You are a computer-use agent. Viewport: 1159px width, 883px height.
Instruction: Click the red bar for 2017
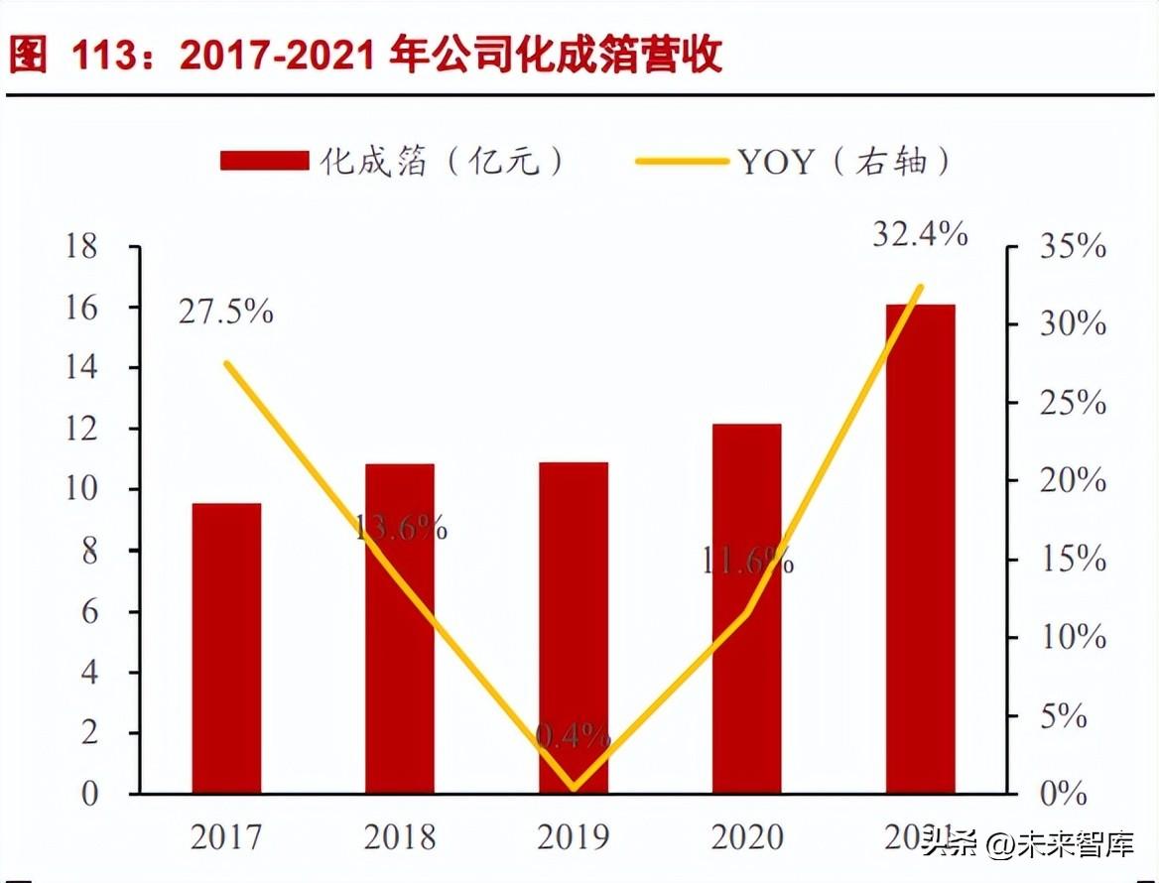tap(226, 649)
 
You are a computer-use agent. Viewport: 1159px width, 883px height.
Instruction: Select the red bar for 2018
tap(400, 629)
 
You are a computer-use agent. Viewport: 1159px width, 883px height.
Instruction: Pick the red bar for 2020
tap(746, 609)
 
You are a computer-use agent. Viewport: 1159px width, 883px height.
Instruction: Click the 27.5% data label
tap(226, 313)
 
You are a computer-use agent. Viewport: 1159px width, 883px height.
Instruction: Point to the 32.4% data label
tap(920, 235)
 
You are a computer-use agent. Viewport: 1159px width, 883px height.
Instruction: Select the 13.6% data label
tap(401, 528)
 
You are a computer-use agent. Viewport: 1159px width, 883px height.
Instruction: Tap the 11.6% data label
tap(747, 563)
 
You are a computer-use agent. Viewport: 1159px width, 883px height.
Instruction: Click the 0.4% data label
tap(574, 736)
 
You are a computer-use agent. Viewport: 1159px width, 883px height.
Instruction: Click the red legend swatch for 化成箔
tap(264, 161)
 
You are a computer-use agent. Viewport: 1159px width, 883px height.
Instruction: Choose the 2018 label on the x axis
tap(400, 838)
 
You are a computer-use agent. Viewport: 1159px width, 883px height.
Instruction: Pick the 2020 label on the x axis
tap(746, 838)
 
